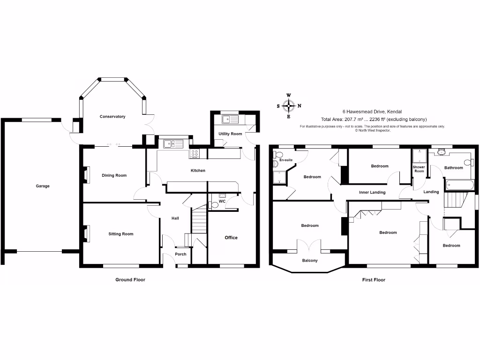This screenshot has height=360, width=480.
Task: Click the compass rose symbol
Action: point(289,106)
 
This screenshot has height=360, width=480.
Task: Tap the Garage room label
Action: point(42,186)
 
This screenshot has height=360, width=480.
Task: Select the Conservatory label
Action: point(112,116)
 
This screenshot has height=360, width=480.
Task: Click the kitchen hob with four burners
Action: point(195,153)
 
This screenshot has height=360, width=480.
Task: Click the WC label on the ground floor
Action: point(222,201)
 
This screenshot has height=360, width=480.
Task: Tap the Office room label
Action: point(231,238)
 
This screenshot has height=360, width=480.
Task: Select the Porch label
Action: point(180,254)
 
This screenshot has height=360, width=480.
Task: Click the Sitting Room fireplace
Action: point(86,233)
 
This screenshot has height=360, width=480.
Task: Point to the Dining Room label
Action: point(114,175)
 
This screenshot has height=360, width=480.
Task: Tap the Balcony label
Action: point(310,260)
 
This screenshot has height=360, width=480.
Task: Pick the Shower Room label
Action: point(419,169)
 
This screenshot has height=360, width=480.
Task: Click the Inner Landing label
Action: point(372,192)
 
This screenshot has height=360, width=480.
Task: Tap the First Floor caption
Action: point(374,280)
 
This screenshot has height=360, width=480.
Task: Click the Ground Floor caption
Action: point(130,280)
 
